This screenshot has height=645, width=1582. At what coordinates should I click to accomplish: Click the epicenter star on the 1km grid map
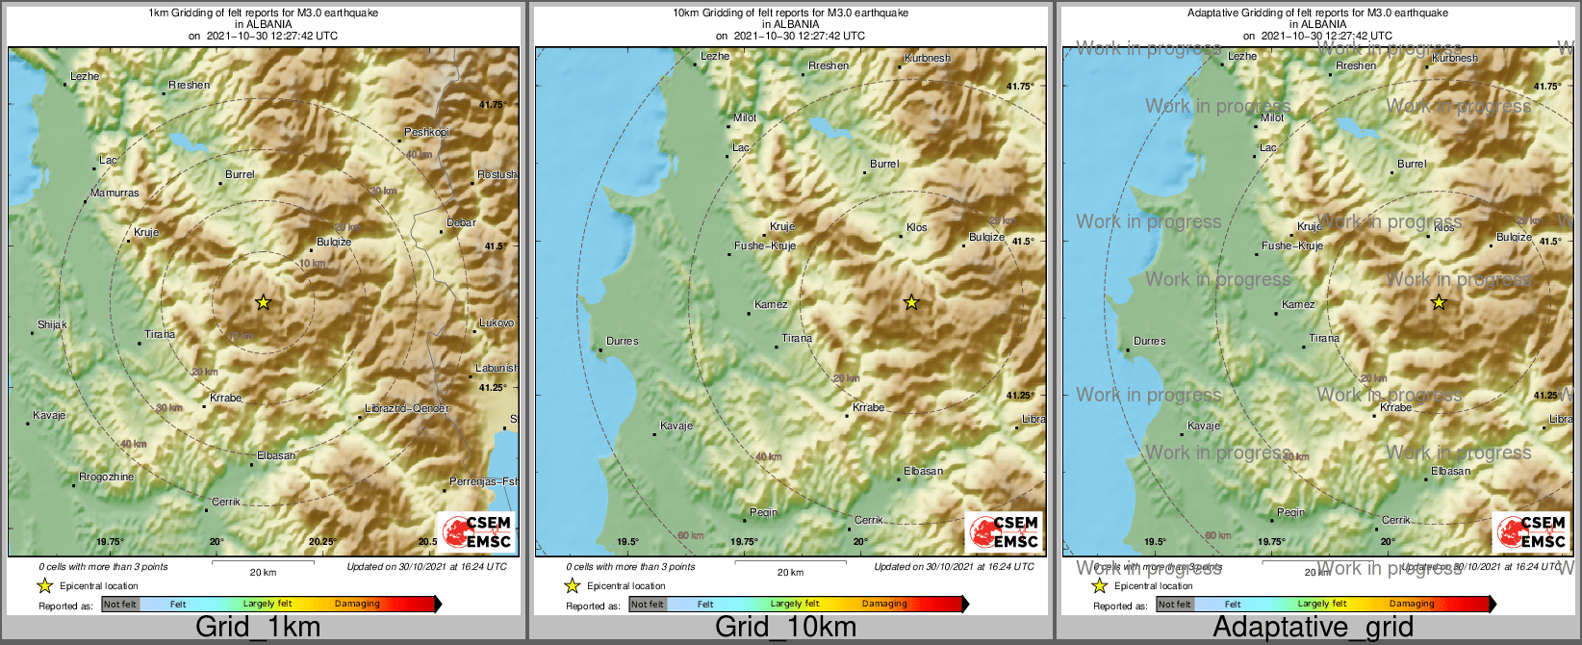(264, 302)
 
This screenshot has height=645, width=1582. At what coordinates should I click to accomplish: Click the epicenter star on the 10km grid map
(911, 302)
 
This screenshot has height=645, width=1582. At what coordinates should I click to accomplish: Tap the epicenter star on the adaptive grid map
(1439, 302)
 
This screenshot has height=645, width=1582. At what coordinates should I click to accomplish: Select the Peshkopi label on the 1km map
(426, 132)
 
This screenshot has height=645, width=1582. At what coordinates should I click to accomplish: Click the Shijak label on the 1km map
(52, 324)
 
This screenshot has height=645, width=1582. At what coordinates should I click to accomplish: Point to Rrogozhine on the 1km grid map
(106, 477)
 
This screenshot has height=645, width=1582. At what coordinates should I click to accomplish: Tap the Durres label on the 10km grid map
(622, 341)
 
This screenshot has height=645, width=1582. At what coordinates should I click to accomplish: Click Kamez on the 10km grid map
(771, 304)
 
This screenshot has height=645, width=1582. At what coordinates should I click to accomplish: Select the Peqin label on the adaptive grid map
(1290, 512)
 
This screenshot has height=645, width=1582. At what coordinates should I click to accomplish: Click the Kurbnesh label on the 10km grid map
(928, 58)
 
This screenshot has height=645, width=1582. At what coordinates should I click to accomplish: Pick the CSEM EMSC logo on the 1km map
(476, 531)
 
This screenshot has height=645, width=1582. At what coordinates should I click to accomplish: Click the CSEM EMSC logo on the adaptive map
(1531, 531)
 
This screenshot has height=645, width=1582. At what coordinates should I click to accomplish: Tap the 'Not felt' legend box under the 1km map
(120, 605)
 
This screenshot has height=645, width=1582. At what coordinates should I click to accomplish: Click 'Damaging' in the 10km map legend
(884, 605)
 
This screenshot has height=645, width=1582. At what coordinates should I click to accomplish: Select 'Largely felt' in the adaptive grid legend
(1321, 605)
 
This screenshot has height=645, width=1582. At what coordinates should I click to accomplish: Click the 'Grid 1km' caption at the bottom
(258, 628)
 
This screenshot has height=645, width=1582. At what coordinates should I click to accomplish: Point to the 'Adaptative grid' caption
(1313, 628)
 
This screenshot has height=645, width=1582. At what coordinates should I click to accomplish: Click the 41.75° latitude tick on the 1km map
(493, 104)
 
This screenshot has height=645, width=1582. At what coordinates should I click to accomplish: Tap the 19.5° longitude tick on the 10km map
(627, 542)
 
